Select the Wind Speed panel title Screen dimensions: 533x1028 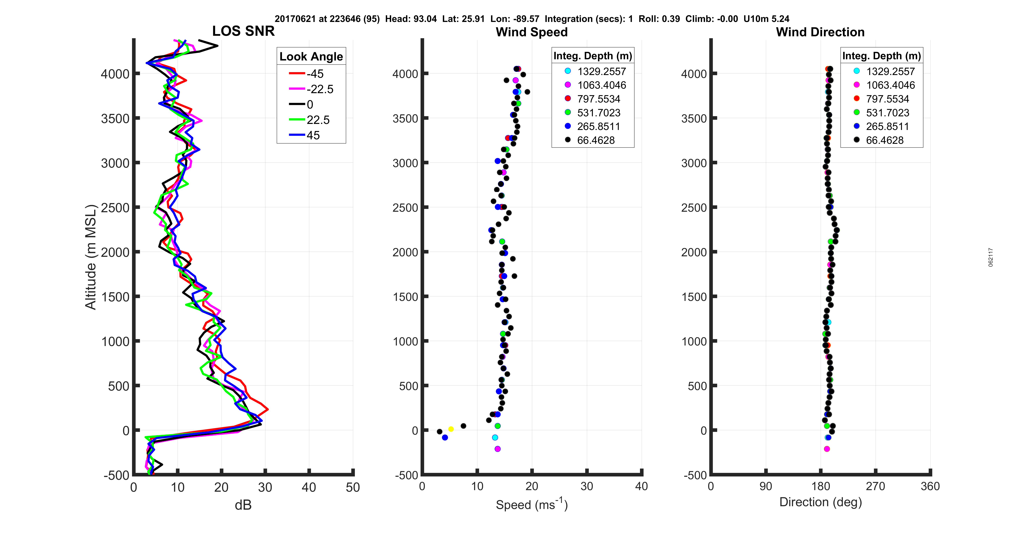click(532, 32)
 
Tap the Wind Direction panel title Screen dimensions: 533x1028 click(820, 32)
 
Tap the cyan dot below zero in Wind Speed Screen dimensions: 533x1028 click(495, 438)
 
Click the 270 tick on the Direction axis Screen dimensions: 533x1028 click(876, 486)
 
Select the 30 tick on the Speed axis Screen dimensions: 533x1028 click(587, 486)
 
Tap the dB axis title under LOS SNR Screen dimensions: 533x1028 click(243, 506)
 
